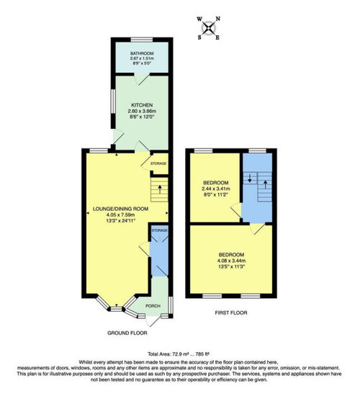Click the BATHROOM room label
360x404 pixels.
pos(142,53)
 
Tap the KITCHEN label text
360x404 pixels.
pos(142,105)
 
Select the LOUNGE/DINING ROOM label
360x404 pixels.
pos(120,209)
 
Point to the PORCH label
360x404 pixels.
pos(153,306)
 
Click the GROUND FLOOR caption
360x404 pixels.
pos(127,333)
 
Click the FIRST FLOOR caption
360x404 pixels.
pos(231,313)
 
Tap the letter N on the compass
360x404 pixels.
pos(218,19)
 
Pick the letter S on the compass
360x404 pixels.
pos(199,37)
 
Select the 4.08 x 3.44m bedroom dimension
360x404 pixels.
pos(231,261)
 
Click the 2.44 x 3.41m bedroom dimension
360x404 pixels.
pos(216,189)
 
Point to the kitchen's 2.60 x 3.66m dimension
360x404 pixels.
pos(142,112)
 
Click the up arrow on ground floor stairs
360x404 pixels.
pos(160,189)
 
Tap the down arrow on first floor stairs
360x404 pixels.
pos(250,179)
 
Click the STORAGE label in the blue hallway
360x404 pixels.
pos(159,230)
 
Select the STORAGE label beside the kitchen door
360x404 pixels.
pos(158,163)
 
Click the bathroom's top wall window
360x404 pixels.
pos(142,40)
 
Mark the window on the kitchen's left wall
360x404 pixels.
pos(113,101)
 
